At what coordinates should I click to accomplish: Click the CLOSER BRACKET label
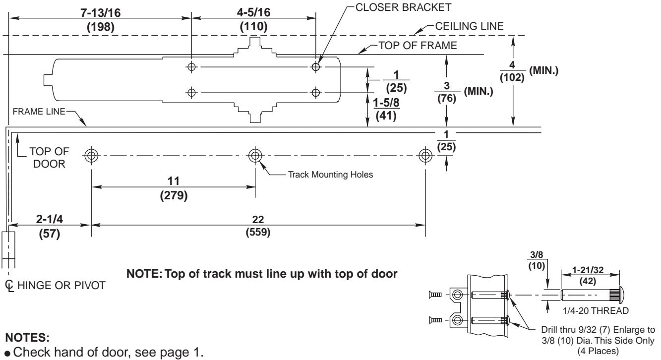403,7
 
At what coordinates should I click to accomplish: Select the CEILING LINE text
469,26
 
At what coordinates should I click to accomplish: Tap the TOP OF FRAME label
418,46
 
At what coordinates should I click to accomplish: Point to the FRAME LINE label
39,112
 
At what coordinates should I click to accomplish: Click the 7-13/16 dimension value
101,13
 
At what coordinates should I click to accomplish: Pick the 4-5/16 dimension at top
253,12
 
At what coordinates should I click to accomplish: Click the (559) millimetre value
258,232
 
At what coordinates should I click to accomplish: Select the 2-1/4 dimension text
49,219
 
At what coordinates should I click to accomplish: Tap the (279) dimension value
174,195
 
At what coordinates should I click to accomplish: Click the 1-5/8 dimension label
386,103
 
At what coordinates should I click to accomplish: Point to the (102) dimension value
512,77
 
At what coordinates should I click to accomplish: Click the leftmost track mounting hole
91,156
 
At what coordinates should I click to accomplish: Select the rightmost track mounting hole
425,156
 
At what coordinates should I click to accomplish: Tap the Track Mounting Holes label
330,175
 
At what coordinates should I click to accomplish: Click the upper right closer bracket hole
316,67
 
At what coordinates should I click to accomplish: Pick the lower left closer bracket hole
191,93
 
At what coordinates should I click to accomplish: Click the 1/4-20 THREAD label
596,311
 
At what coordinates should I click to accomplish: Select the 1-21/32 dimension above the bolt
588,270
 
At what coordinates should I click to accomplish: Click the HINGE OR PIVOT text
61,285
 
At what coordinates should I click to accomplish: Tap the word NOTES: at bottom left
27,338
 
